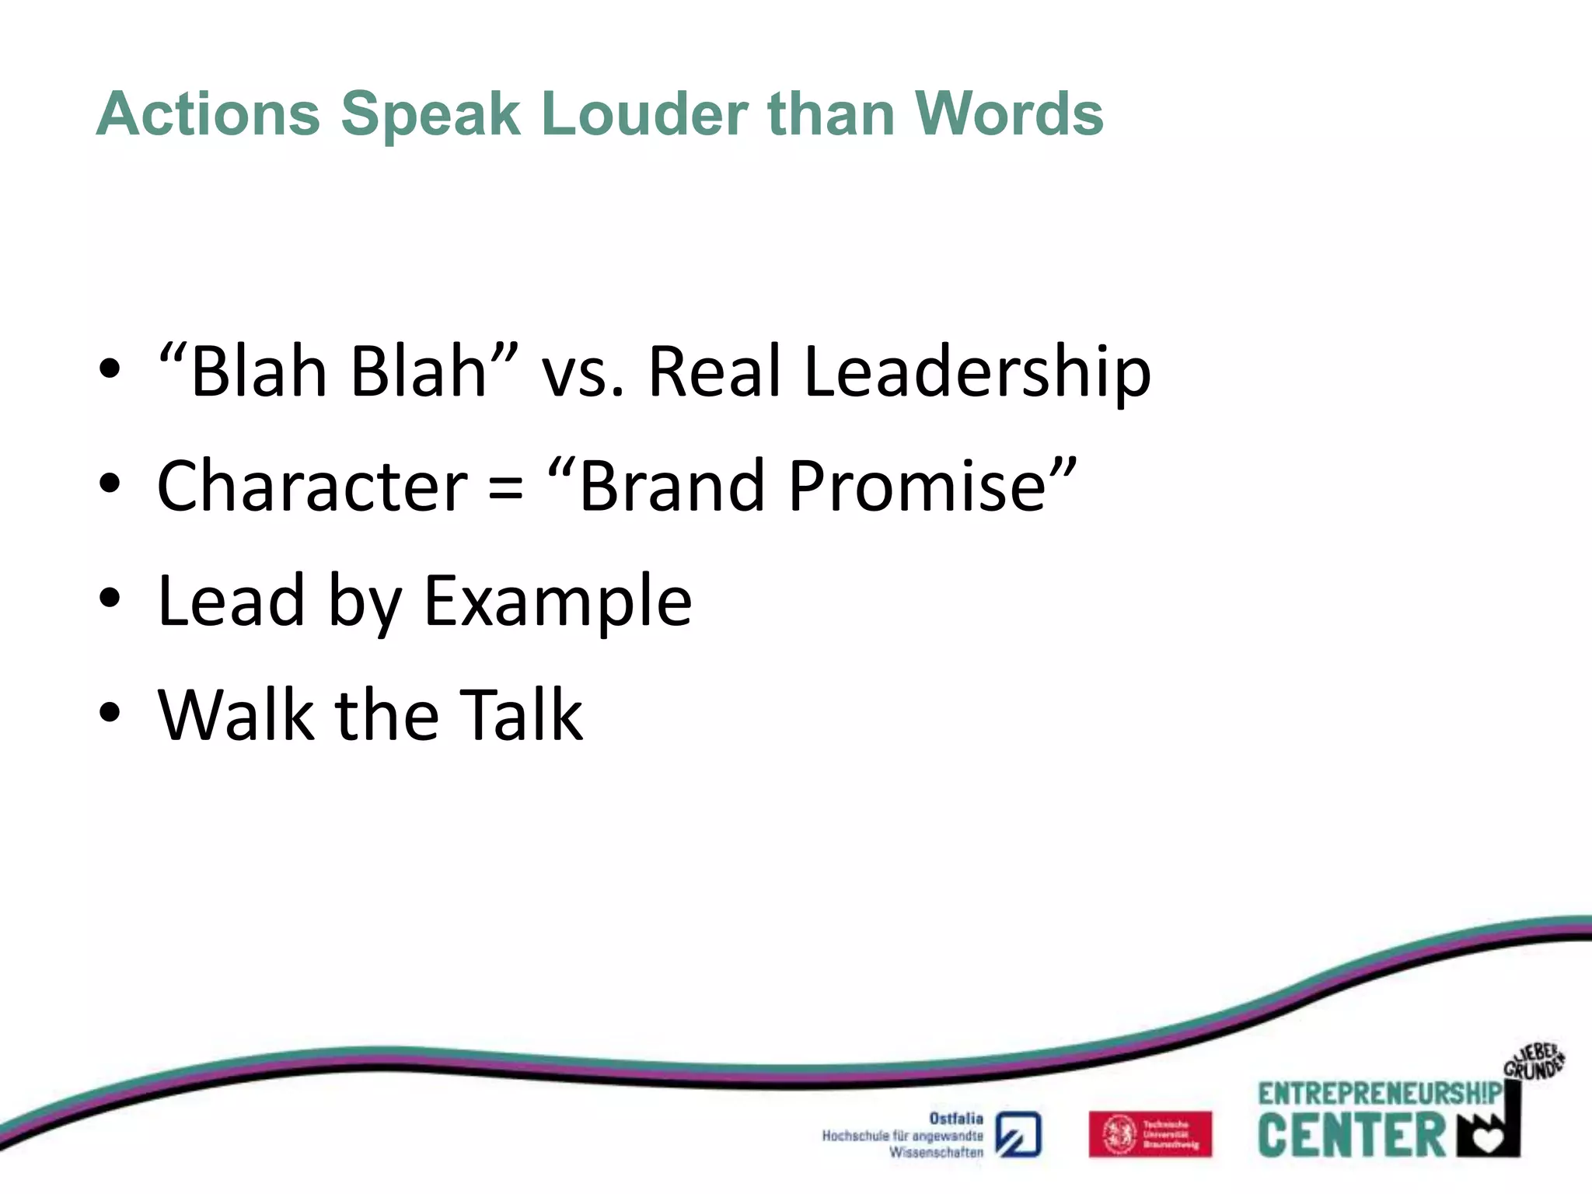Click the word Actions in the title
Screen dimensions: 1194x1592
pyautogui.click(x=208, y=114)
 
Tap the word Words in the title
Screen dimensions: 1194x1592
pyautogui.click(x=1008, y=114)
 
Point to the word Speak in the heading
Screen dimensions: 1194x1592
pyautogui.click(x=431, y=114)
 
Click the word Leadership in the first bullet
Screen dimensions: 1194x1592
pyautogui.click(x=976, y=373)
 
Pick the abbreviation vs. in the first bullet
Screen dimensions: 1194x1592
pyautogui.click(x=582, y=373)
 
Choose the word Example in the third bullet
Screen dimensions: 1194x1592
pyautogui.click(x=557, y=602)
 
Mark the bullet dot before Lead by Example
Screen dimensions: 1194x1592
pyautogui.click(x=110, y=598)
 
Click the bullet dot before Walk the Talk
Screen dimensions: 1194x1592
pyautogui.click(x=110, y=712)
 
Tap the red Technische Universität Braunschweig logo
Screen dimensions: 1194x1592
pyautogui.click(x=1150, y=1134)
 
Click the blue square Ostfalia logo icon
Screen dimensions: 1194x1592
pyautogui.click(x=1018, y=1135)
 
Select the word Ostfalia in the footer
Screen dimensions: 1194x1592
pyautogui.click(x=956, y=1119)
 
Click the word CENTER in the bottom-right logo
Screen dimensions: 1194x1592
pyautogui.click(x=1351, y=1136)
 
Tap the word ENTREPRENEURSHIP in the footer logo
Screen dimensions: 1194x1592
pyautogui.click(x=1380, y=1094)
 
